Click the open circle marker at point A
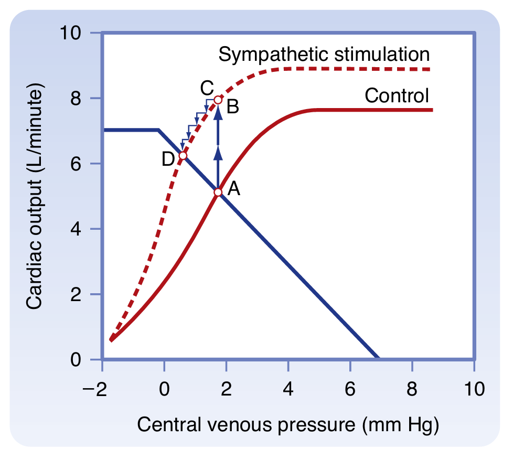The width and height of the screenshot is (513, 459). coord(218,192)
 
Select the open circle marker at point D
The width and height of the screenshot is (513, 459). coord(183,156)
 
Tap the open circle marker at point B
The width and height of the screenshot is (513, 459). coord(218,100)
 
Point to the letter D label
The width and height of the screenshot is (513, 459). coord(168,158)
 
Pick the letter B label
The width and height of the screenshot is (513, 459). coord(233,107)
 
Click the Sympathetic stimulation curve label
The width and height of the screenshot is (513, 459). coord(325,54)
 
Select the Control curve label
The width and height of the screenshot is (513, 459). coord(397,95)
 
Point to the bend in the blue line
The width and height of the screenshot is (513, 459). coord(158,130)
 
